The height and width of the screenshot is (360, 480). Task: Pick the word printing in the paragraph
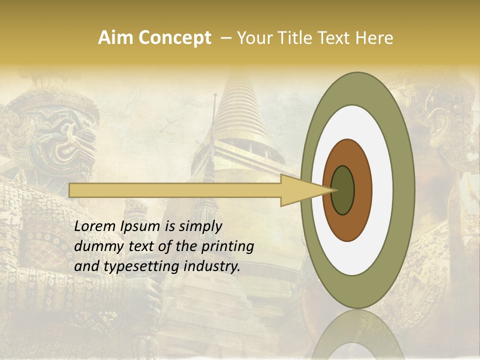click(x=227, y=246)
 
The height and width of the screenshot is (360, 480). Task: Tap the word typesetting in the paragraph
click(x=135, y=266)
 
